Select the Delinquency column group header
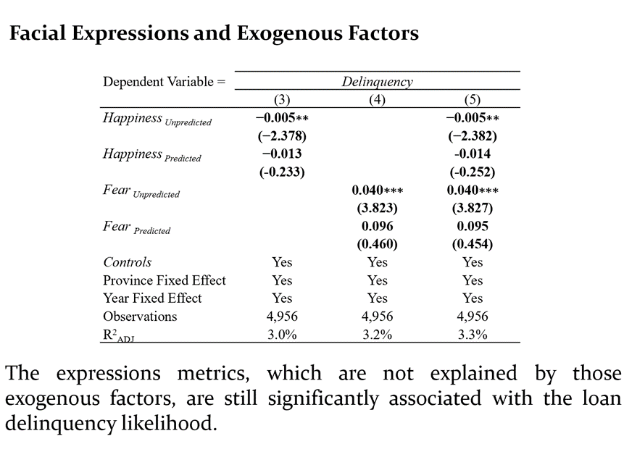point(377,82)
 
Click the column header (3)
point(282,100)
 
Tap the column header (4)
point(377,100)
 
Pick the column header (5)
point(472,100)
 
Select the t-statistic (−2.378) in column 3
point(282,136)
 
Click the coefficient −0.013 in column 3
point(282,154)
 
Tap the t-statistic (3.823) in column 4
point(377,208)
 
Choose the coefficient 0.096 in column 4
point(377,226)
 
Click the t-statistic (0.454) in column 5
point(472,244)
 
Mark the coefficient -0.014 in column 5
point(472,154)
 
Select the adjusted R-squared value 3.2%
point(377,334)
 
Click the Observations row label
point(140,317)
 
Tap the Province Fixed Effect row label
point(165,280)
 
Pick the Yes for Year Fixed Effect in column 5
point(472,298)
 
